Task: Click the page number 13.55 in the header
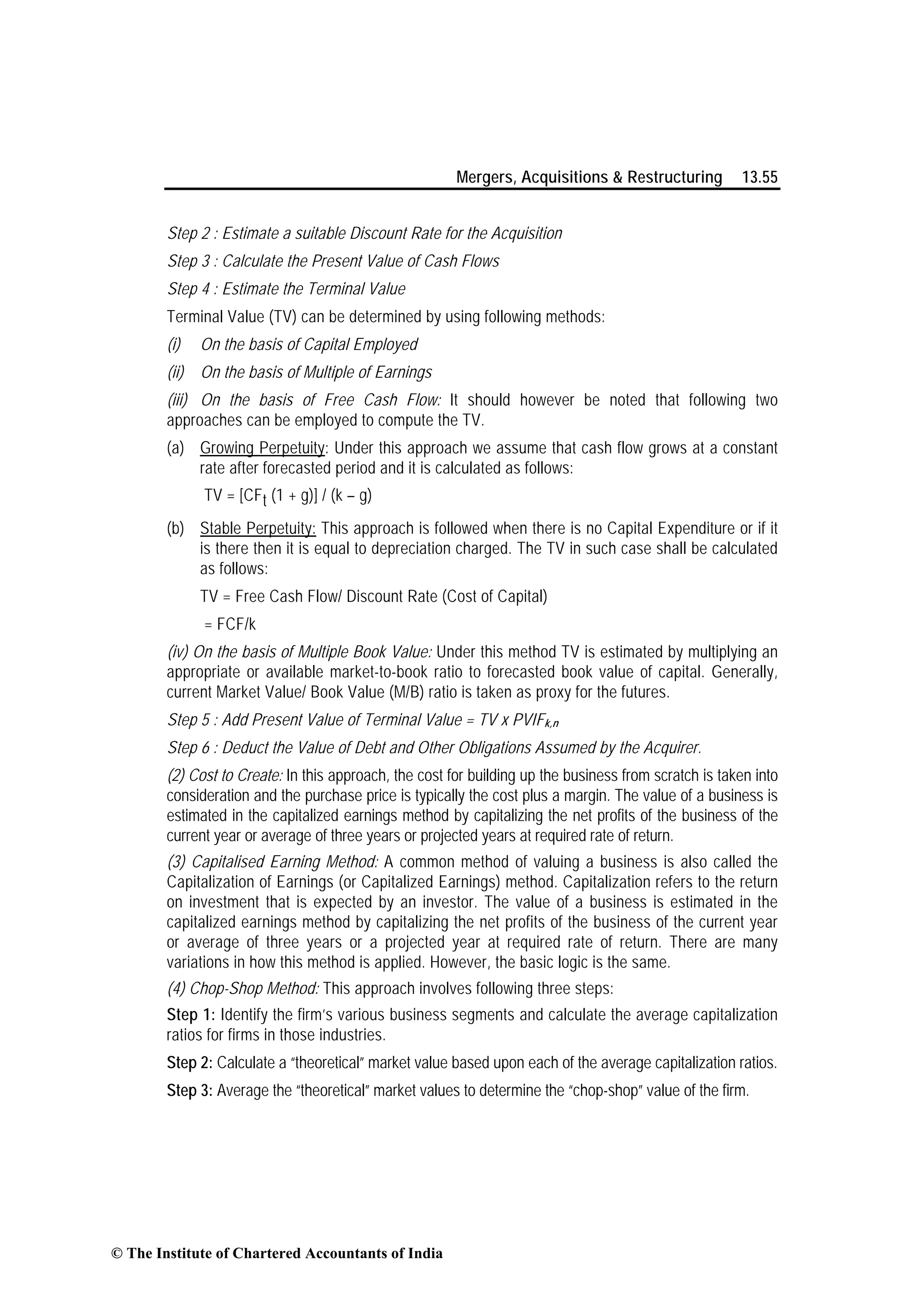[760, 178]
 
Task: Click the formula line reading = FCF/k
[230, 625]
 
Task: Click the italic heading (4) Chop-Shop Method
[244, 989]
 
